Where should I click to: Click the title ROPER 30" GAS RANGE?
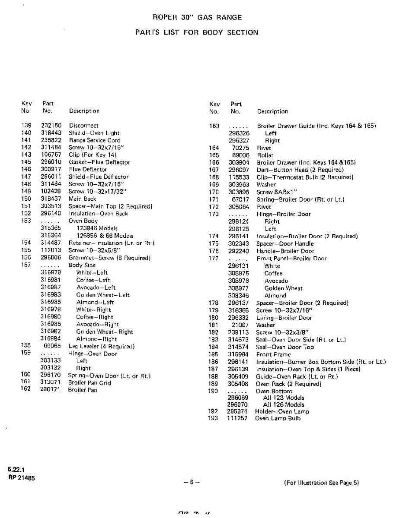(x=197, y=18)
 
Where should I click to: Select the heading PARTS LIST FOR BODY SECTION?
(x=197, y=32)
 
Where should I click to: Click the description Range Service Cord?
(x=95, y=140)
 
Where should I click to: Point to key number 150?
(x=26, y=199)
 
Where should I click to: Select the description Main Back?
(x=83, y=199)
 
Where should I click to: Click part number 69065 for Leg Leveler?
(x=52, y=346)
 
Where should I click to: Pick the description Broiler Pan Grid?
(x=89, y=383)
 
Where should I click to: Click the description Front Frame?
(x=273, y=354)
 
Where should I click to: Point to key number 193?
(x=213, y=418)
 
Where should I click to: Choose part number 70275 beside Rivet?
(x=240, y=148)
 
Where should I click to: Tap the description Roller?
(x=265, y=155)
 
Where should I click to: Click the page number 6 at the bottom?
(x=191, y=483)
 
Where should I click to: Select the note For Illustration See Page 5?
(x=322, y=483)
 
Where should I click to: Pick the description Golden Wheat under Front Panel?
(x=284, y=288)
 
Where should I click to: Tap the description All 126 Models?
(x=284, y=405)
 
